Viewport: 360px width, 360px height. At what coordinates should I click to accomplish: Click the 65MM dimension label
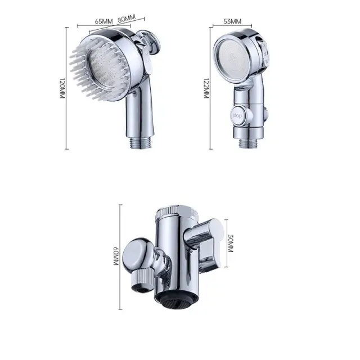[x=103, y=21]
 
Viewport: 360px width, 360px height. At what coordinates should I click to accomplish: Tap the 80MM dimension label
[x=127, y=19]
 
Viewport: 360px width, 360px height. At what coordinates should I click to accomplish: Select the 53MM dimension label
[x=232, y=21]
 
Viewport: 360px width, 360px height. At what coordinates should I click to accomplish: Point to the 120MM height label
[x=62, y=88]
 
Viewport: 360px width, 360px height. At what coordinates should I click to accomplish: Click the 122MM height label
[x=206, y=88]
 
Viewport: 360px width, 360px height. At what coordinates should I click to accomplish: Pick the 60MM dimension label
[x=116, y=256]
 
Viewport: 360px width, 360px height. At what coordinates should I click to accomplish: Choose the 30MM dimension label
[x=231, y=244]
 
